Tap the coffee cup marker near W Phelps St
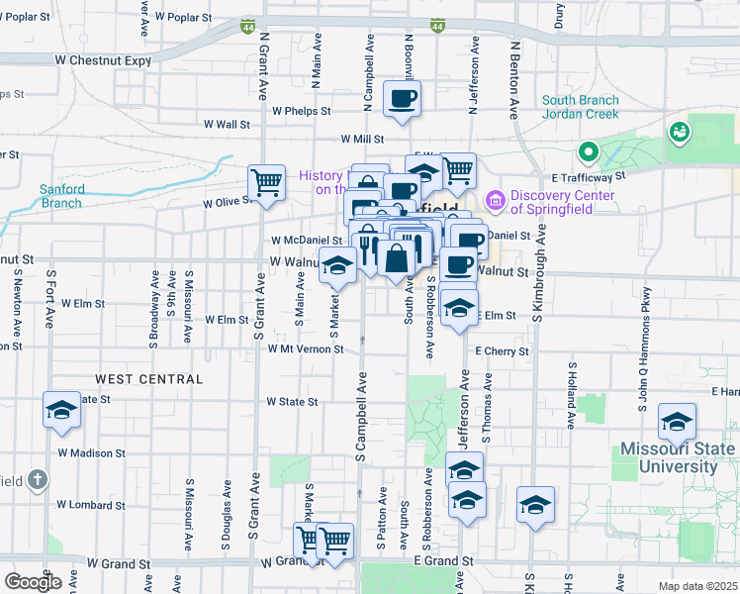pyautogui.click(x=402, y=99)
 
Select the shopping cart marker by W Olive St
pyautogui.click(x=266, y=182)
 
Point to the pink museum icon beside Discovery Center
pyautogui.click(x=496, y=202)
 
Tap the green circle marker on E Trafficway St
pyautogui.click(x=588, y=152)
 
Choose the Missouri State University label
pyautogui.click(x=678, y=457)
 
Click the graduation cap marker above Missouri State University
pyautogui.click(x=678, y=424)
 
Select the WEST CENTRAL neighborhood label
pyautogui.click(x=149, y=379)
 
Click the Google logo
pyautogui.click(x=33, y=582)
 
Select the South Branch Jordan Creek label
pyautogui.click(x=580, y=107)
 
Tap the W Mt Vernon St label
pyautogui.click(x=304, y=348)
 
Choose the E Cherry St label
pyautogui.click(x=502, y=350)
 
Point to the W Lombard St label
pyautogui.click(x=90, y=505)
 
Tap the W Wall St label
pyautogui.click(x=227, y=125)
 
